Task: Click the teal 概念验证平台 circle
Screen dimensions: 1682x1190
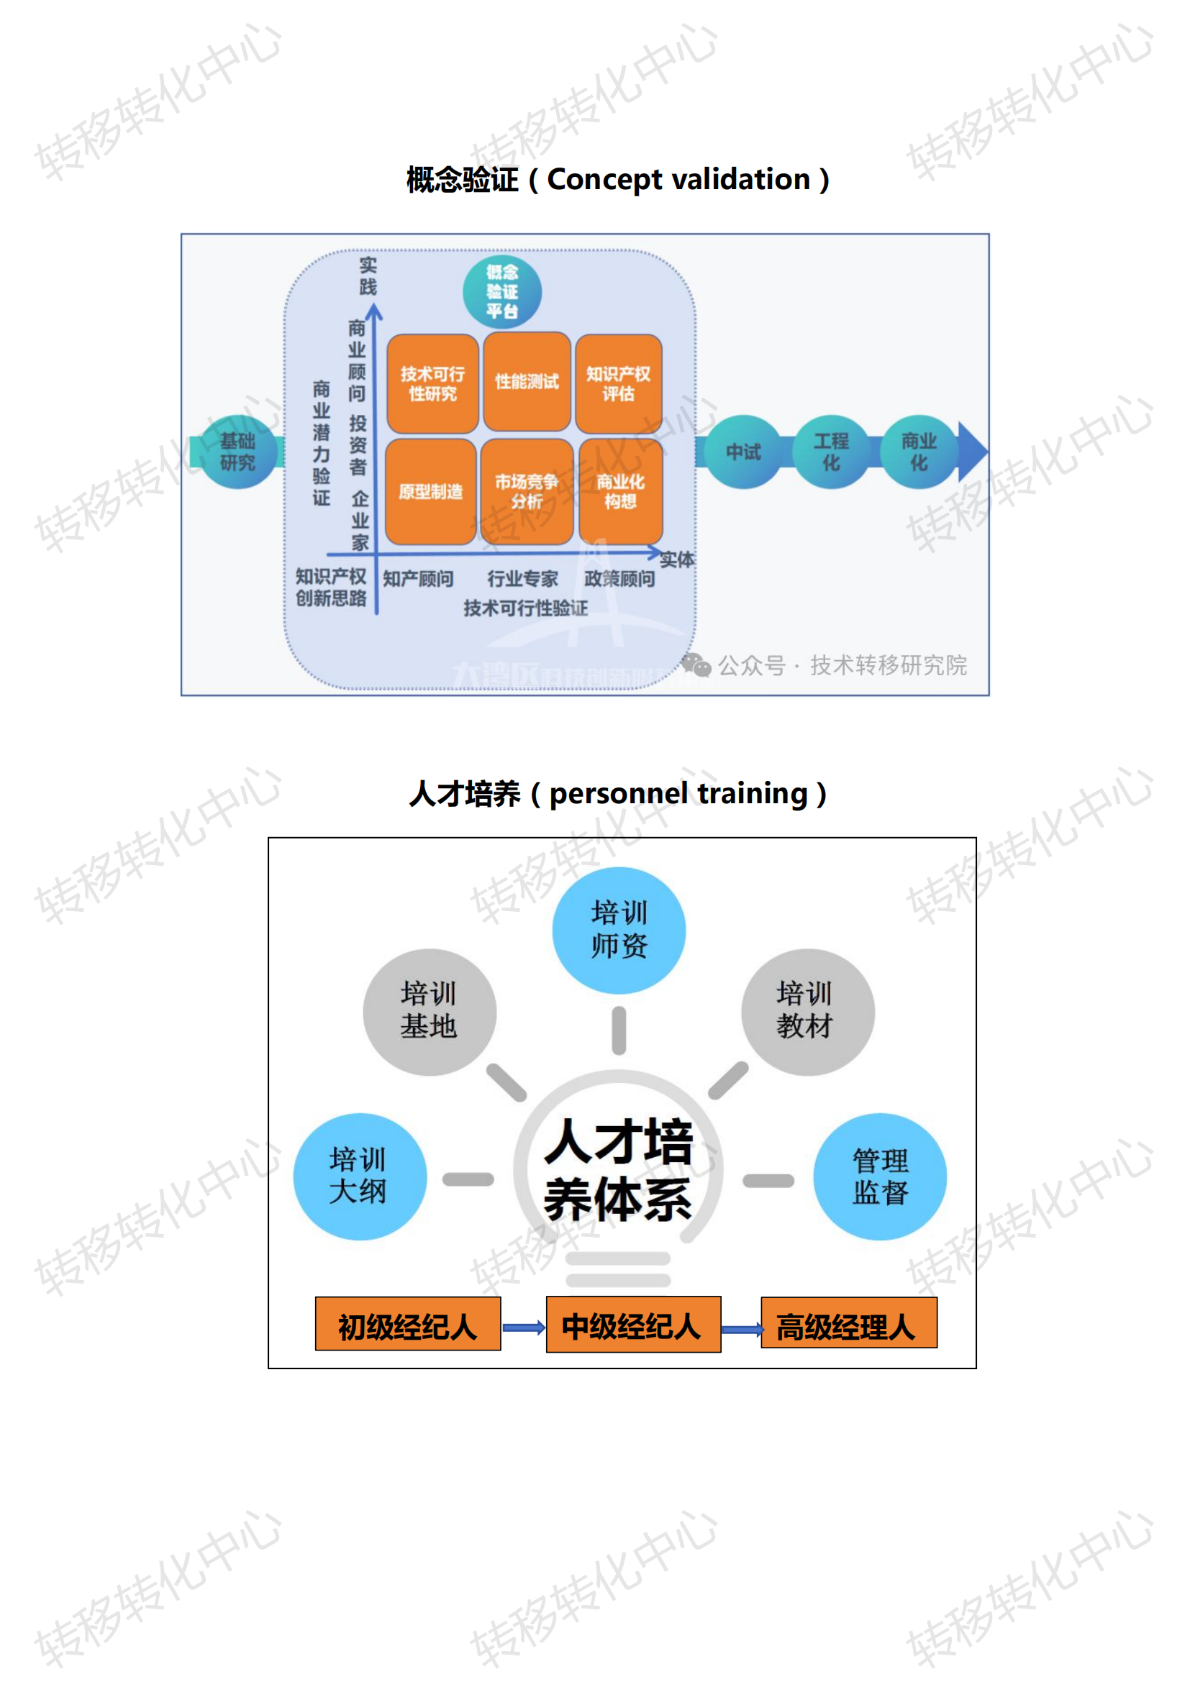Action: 502,291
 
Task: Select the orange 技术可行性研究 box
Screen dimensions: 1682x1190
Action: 432,383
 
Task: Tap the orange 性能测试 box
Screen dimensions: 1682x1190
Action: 526,381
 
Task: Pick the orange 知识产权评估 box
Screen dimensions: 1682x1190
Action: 619,383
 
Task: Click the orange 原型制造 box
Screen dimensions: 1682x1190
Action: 431,491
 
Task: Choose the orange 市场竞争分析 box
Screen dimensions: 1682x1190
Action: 526,491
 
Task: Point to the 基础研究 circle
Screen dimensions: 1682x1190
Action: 237,452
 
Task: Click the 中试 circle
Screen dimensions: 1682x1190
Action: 743,452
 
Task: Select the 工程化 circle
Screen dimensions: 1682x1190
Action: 831,452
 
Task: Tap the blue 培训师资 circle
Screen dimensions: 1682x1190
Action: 619,930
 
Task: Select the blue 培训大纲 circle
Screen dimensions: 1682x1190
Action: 360,1176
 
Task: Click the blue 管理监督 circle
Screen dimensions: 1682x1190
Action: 879,1176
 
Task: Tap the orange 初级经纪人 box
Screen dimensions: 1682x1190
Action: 407,1327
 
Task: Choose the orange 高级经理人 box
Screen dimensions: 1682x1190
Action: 848,1327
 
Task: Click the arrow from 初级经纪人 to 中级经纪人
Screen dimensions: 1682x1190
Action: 523,1327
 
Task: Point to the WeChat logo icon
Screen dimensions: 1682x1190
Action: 696,665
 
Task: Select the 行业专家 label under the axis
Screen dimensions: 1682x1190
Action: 522,579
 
